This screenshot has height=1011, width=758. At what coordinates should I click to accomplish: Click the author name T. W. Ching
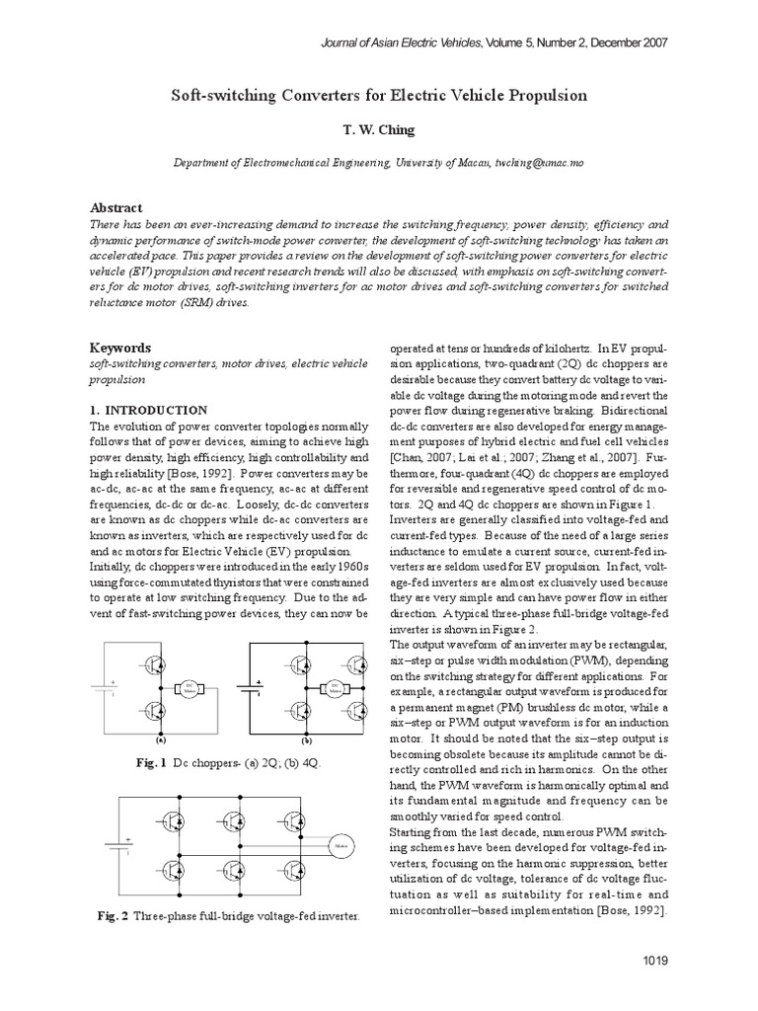[x=380, y=129]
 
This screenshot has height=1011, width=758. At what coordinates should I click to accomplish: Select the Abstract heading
[x=116, y=207]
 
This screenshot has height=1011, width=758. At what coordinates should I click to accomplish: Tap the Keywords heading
[x=120, y=348]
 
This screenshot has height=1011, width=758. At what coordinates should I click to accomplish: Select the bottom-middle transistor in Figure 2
[x=235, y=869]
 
